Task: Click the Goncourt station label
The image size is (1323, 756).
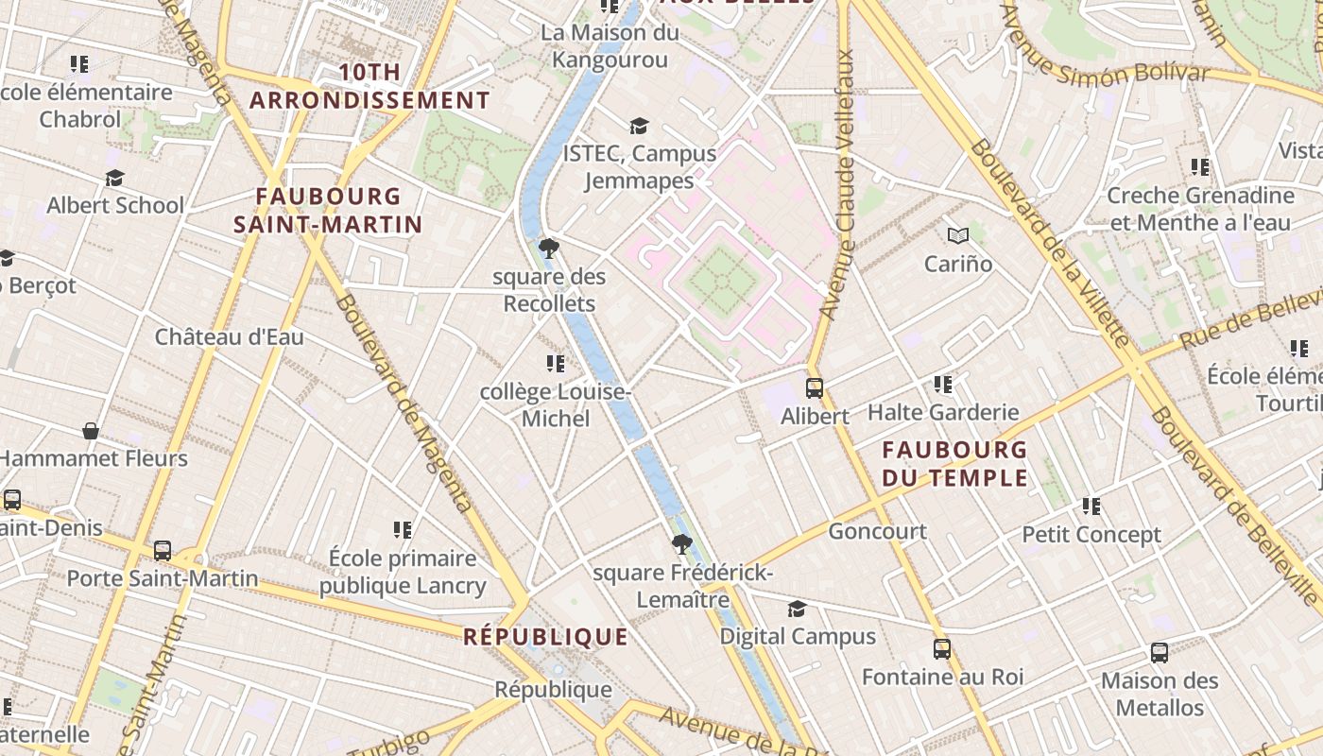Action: pyautogui.click(x=877, y=531)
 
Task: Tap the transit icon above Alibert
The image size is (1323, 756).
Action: pyautogui.click(x=814, y=388)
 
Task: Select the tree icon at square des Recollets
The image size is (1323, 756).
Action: pyautogui.click(x=548, y=249)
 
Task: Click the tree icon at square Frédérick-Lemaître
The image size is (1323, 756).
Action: pyautogui.click(x=681, y=544)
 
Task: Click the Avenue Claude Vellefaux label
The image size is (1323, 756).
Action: pyautogui.click(x=837, y=184)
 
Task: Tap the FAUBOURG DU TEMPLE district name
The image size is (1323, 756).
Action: pyautogui.click(x=954, y=463)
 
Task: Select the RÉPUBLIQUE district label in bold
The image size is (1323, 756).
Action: pyautogui.click(x=545, y=637)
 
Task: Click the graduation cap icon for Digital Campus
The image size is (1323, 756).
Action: pyautogui.click(x=798, y=609)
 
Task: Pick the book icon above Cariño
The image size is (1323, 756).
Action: pyautogui.click(x=958, y=236)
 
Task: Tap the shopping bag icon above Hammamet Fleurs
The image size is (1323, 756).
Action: pyautogui.click(x=91, y=431)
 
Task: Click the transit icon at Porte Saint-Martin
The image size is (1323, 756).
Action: pyautogui.click(x=163, y=550)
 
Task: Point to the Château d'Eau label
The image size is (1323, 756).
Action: pyautogui.click(x=230, y=336)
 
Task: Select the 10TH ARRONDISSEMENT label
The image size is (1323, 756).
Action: pyautogui.click(x=369, y=86)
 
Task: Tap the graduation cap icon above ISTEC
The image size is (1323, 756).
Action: pyautogui.click(x=640, y=126)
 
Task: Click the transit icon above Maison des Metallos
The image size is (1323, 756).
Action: pyautogui.click(x=1160, y=653)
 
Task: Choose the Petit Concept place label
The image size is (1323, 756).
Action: pyautogui.click(x=1091, y=535)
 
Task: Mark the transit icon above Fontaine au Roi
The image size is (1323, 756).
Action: pyautogui.click(x=942, y=649)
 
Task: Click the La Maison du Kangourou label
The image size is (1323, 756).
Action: pyautogui.click(x=610, y=46)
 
